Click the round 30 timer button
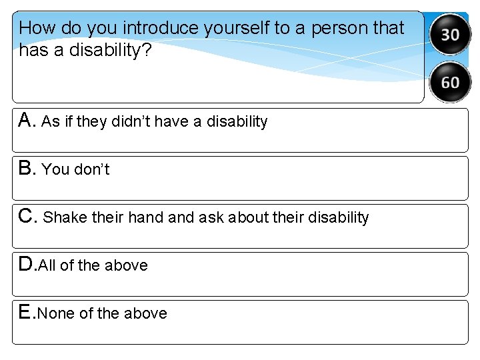450,33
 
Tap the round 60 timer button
450,82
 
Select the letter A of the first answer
26,120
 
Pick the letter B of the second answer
26,168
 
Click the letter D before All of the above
26,264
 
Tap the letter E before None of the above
25,312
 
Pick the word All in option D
47,265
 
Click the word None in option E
56,313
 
